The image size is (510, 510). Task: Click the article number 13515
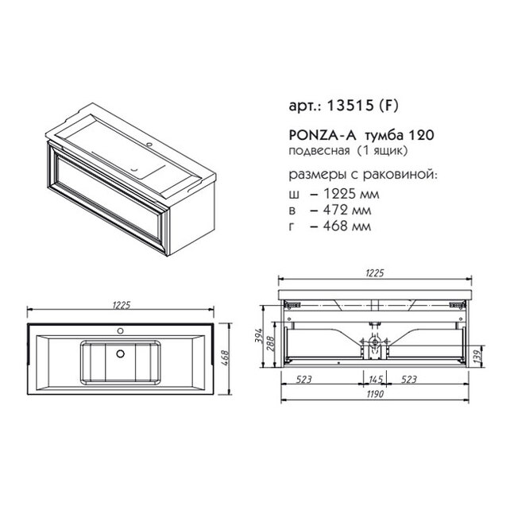point(350,106)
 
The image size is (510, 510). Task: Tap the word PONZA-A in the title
point(321,135)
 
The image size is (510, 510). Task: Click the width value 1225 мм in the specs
point(351,194)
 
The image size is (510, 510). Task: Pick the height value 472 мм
point(346,210)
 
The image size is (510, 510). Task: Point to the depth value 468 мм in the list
point(346,226)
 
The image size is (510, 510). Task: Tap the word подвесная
point(319,152)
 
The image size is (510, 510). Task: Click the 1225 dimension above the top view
point(122,305)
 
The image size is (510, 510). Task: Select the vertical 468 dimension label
point(225,359)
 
